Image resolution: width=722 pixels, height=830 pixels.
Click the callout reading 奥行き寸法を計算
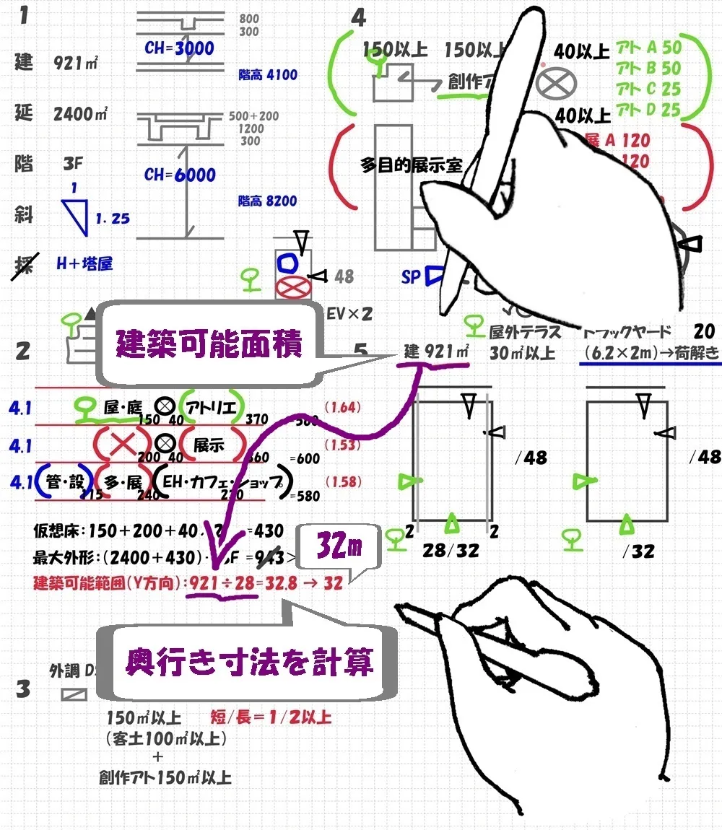pos(249,661)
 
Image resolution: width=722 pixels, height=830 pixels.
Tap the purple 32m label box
pos(338,551)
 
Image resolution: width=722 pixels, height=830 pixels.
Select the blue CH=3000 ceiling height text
pos(179,48)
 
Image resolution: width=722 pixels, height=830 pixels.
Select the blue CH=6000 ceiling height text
pos(180,175)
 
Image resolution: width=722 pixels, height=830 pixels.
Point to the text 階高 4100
pos(267,75)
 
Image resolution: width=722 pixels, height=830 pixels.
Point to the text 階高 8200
pos(267,201)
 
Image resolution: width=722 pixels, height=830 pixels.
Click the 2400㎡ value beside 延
pos(80,113)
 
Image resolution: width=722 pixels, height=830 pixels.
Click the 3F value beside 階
pos(73,164)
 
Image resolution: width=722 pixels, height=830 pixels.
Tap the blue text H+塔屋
pos(84,263)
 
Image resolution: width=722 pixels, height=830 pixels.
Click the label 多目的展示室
pos(411,165)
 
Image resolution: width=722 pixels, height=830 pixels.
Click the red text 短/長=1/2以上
pos(271,717)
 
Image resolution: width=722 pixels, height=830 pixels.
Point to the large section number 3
pos(23,689)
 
